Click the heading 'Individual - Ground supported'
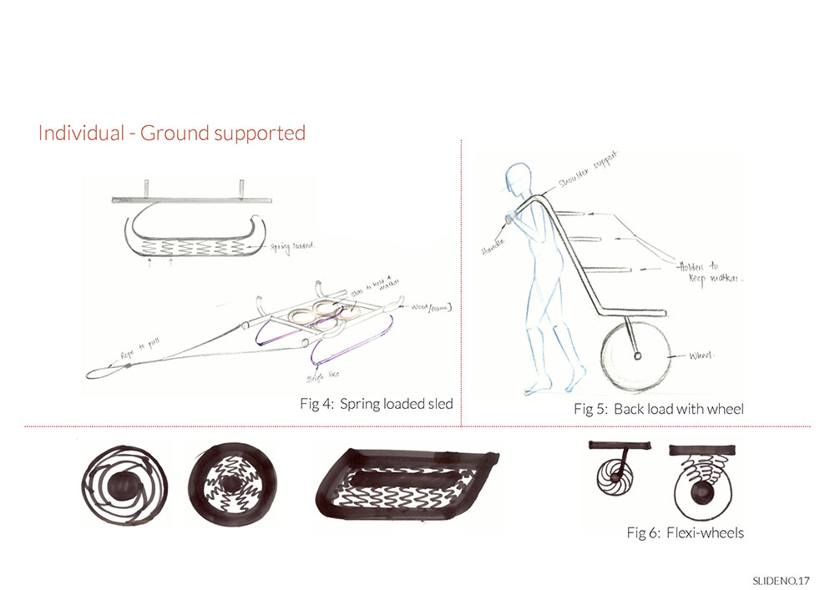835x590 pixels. click(172, 133)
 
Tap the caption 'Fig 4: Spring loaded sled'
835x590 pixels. click(377, 404)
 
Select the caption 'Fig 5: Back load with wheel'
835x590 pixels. click(659, 409)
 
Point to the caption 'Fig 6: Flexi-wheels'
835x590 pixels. click(685, 532)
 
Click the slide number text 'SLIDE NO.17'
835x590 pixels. click(781, 579)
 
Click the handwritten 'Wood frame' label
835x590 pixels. click(432, 308)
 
